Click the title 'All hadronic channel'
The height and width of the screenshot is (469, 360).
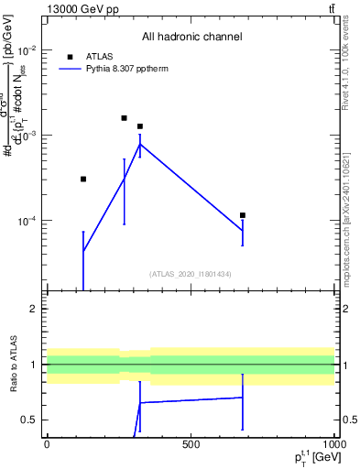tap(191, 38)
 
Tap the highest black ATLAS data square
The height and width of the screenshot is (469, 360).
tap(125, 118)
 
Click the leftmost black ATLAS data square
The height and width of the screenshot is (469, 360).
tap(83, 179)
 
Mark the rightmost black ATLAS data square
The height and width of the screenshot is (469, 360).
tap(243, 215)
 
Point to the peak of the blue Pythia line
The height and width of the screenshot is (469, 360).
tap(139, 144)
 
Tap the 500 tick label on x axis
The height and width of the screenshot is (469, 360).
tap(191, 443)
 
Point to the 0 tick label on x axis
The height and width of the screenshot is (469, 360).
tap(47, 443)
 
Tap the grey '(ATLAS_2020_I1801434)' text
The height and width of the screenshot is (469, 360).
tap(191, 275)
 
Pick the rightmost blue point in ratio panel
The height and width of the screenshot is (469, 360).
tap(243, 398)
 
